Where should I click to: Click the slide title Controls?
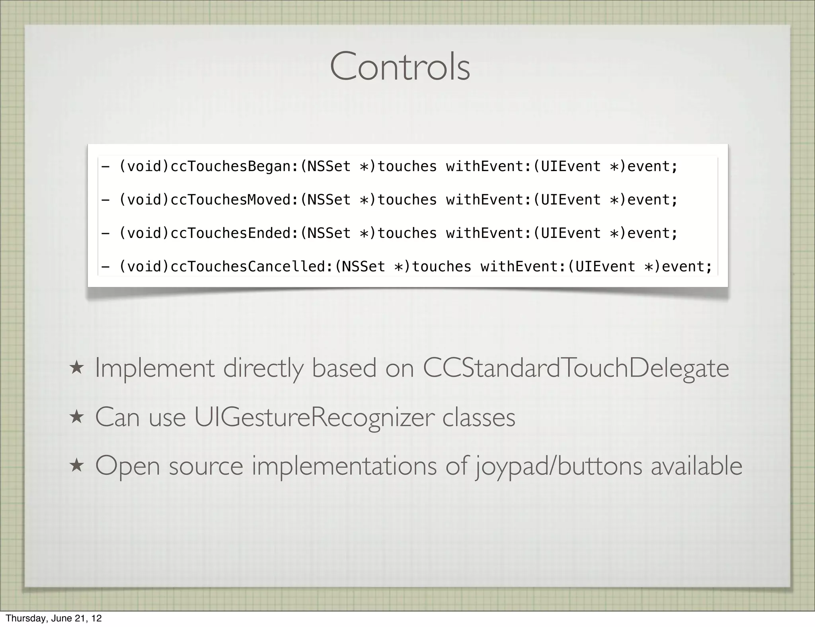coord(400,67)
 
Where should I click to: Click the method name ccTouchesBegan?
coord(231,166)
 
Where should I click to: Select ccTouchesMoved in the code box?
coord(231,200)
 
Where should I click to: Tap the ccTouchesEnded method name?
coord(231,233)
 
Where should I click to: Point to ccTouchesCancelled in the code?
coord(248,267)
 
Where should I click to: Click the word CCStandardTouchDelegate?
coord(575,368)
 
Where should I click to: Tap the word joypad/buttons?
coord(559,466)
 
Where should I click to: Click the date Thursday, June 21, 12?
coord(54,618)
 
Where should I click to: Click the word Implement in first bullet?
coord(154,369)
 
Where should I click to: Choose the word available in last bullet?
coord(696,466)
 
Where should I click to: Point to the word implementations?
coord(344,466)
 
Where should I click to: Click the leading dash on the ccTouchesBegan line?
coord(105,166)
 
